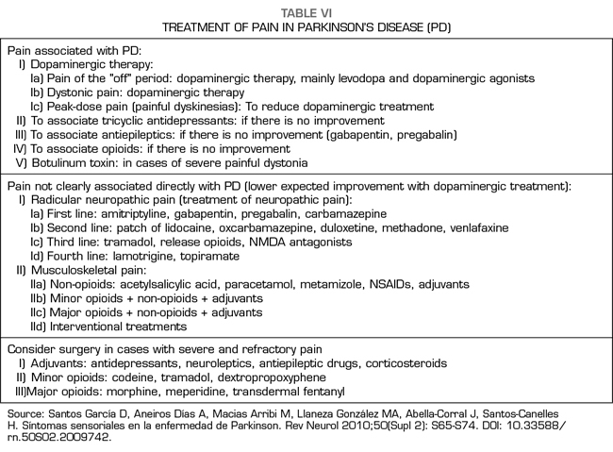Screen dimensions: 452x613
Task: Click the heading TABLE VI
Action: [306, 10]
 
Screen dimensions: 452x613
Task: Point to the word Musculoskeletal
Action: [80, 270]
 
